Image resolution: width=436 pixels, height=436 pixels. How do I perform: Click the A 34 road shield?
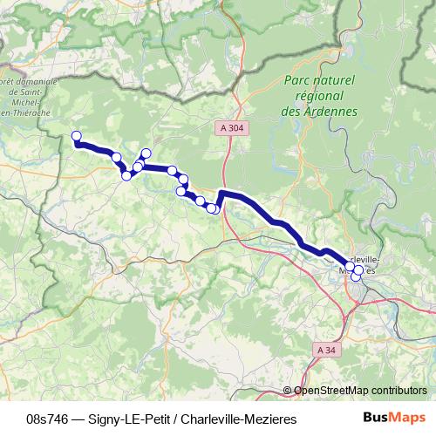(325, 350)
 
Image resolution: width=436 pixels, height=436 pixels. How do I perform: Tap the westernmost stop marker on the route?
(76, 135)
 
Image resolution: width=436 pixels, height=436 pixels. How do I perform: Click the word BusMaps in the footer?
(395, 419)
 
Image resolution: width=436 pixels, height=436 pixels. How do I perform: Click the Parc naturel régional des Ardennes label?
(319, 96)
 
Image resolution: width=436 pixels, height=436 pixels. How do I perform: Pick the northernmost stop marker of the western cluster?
(146, 153)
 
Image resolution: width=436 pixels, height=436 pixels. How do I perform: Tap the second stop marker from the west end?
(117, 157)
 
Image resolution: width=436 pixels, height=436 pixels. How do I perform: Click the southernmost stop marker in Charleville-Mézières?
(356, 278)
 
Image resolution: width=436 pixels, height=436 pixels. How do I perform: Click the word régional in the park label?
(319, 96)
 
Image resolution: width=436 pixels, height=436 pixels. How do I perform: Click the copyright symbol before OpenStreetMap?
(288, 391)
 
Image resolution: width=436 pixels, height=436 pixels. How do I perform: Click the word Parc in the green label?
(296, 80)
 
